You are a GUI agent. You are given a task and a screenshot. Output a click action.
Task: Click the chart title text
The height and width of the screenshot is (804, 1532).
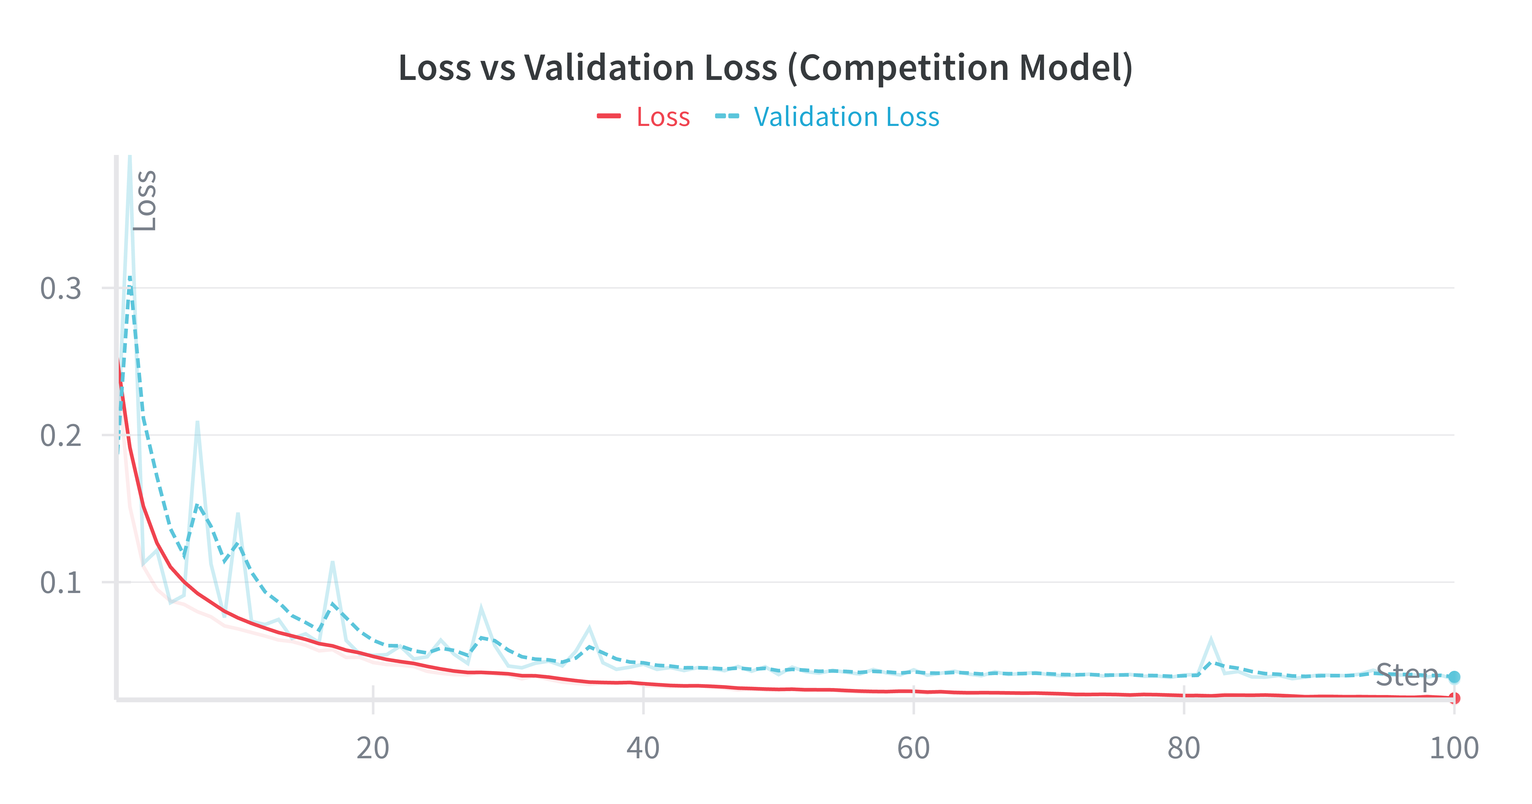pos(765,68)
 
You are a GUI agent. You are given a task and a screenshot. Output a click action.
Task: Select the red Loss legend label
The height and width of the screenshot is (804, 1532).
pos(663,117)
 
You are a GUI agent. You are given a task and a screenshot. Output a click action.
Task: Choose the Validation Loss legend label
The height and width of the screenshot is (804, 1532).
pos(846,117)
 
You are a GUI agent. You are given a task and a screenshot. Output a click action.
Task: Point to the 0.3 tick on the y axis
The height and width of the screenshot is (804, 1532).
pos(61,289)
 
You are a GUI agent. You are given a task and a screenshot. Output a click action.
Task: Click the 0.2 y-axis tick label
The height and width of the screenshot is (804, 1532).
pos(61,436)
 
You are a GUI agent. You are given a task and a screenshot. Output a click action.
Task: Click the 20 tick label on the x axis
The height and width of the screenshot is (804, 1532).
pos(373,748)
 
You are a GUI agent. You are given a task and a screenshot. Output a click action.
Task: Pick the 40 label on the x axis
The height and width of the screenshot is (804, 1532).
pos(643,748)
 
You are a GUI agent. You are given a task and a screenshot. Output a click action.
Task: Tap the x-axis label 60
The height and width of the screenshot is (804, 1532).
pos(914,748)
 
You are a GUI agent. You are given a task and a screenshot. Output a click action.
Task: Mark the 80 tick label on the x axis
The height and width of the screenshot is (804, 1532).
pos(1184,748)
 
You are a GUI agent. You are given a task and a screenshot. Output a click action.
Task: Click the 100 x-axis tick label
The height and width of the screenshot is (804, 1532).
pos(1454,748)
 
